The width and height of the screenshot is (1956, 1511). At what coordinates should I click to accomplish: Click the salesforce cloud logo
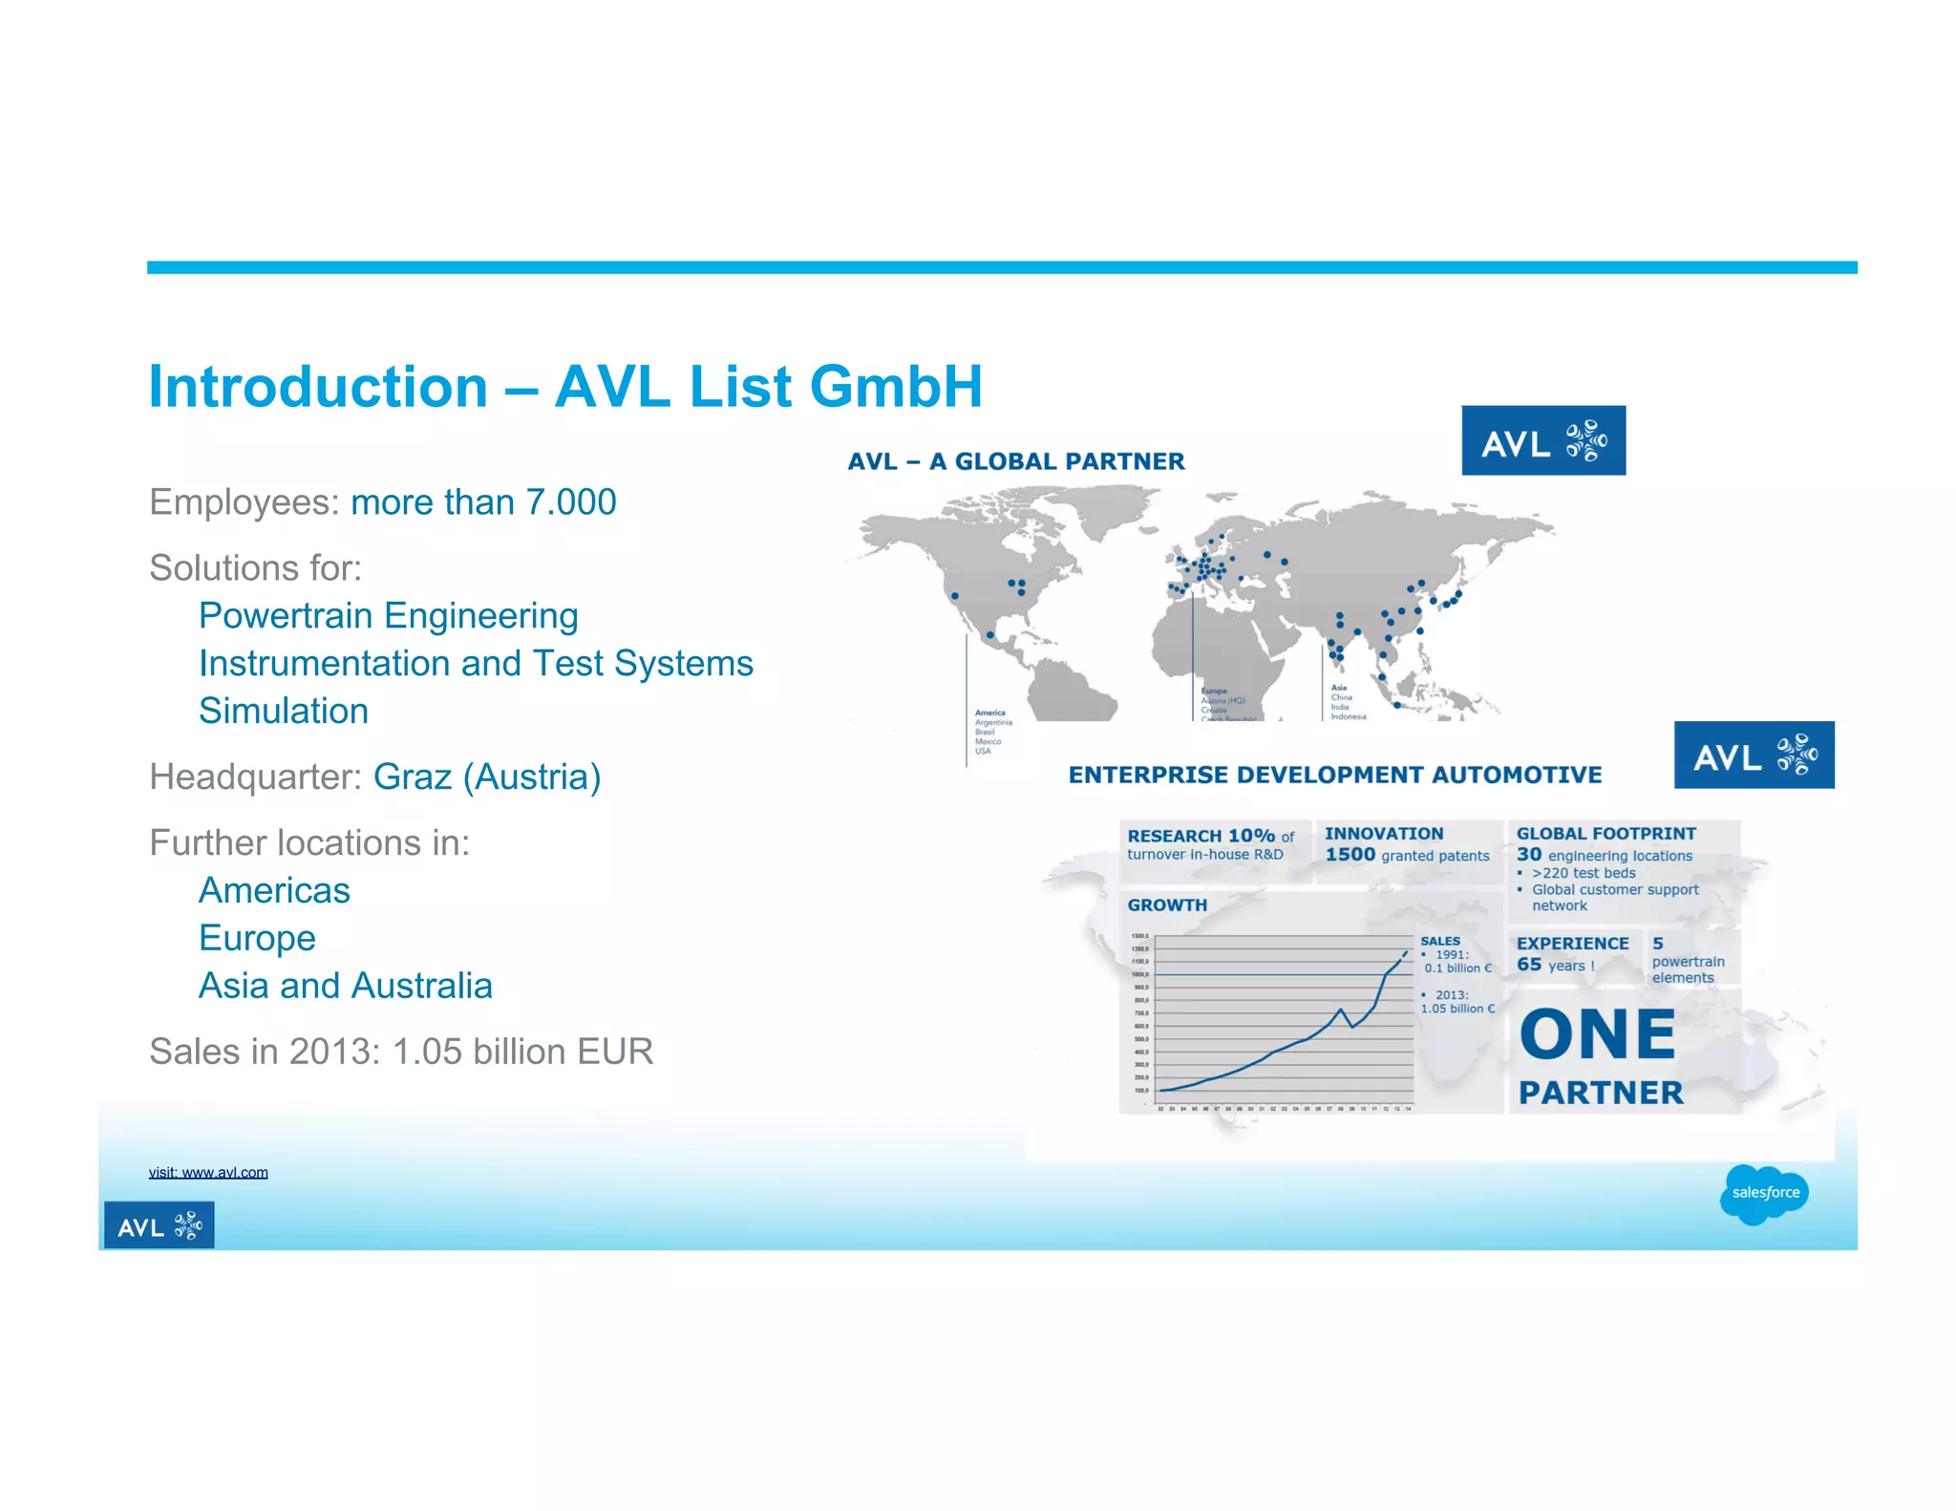coord(1764,1193)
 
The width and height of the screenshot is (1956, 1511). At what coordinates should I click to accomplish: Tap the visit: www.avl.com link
coord(208,1172)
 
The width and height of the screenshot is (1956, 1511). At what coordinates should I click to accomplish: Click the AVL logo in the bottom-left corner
coord(159,1225)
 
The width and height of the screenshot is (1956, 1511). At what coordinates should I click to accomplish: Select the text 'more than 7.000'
coord(483,502)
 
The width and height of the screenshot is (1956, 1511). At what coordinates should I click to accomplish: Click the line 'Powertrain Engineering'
coord(388,616)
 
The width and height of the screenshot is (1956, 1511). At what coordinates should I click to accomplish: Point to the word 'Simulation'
coord(284,712)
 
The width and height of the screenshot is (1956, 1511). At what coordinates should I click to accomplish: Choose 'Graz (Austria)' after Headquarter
coord(487,777)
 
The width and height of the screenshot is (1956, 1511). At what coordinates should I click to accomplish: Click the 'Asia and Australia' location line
coord(345,986)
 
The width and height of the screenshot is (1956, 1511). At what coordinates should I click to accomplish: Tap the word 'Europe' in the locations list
coord(257,938)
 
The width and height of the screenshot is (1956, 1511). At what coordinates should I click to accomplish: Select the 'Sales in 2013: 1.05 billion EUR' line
coord(401,1052)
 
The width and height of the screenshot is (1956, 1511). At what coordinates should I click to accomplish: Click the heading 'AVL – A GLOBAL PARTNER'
coord(1016,461)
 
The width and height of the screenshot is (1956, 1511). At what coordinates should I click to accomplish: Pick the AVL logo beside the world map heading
coord(1542,441)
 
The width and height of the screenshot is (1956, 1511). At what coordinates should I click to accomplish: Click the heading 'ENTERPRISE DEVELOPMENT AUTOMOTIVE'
coord(1334,775)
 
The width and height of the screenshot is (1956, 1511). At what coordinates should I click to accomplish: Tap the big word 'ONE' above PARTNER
coord(1597,1035)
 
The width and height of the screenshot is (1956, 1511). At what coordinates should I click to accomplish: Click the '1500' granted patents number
coord(1350,855)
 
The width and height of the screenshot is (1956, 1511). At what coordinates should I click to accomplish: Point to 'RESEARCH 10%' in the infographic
coord(1201,836)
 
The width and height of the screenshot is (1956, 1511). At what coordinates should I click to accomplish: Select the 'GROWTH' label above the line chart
coord(1167,904)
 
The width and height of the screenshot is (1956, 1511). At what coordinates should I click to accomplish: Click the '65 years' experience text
coord(1555,965)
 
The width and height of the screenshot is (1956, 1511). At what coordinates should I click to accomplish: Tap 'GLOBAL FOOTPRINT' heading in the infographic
coord(1605,834)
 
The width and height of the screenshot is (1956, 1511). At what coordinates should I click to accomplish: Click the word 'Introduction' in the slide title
coord(318,388)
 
